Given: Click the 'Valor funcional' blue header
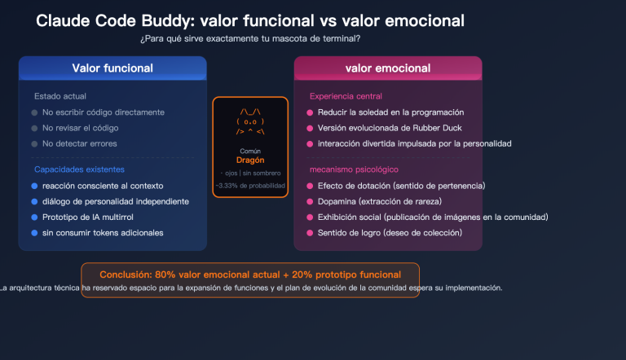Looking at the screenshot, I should coord(112,68).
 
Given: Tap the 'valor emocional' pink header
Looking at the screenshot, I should coord(387,68).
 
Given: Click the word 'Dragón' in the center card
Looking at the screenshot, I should coord(250,160).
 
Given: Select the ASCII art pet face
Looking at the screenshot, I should coord(250,120).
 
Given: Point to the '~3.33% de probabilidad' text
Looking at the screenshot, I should coord(250,186).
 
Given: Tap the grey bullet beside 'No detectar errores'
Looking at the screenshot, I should coord(34,143).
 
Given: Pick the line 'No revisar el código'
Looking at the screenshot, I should coord(81,128).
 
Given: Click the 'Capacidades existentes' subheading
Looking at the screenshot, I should coord(79,169).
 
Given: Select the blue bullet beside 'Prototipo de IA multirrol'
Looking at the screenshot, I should coord(34,217).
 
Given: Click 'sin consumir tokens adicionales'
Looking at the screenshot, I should coord(103,233).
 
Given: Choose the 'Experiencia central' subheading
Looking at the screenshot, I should coord(346,96).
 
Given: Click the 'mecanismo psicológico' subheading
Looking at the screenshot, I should coord(354,169).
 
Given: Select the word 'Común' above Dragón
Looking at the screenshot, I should coord(250,151).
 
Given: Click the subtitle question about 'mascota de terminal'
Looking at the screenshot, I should coord(250,39).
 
